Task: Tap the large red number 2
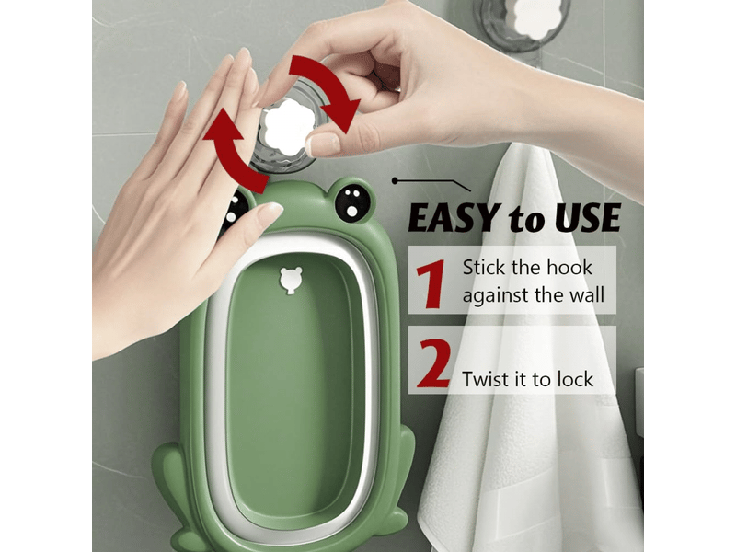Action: [433, 363]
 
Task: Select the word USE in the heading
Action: [587, 218]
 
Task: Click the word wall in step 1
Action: [587, 295]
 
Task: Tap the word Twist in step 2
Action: [487, 379]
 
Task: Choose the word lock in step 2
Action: [575, 379]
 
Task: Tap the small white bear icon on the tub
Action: [291, 281]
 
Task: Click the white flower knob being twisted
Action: [284, 128]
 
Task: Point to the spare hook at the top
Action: [522, 22]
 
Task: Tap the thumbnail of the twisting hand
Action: [323, 144]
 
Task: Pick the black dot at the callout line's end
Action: [396, 180]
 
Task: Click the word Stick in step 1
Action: [484, 268]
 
